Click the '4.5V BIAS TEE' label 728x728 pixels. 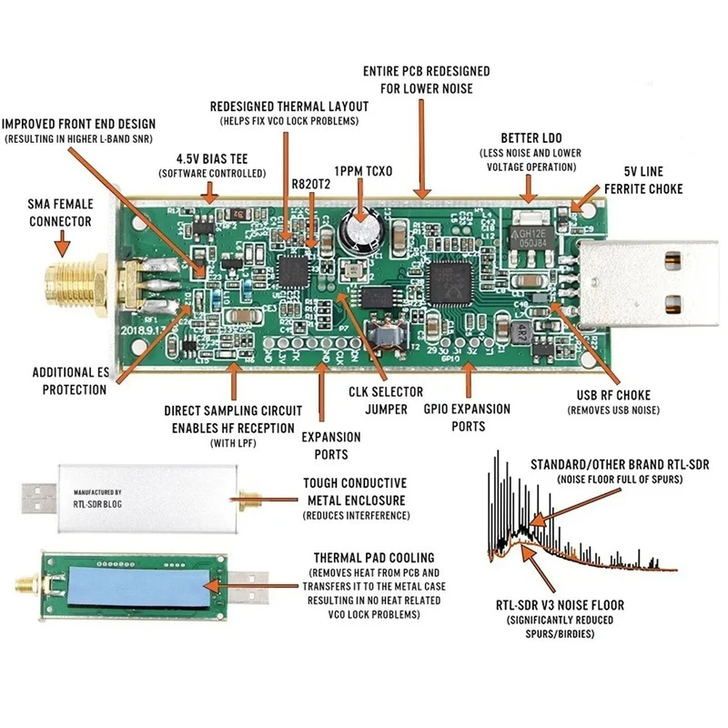point(212,157)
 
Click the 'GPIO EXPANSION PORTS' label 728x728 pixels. point(467,418)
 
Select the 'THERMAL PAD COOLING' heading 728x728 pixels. point(373,557)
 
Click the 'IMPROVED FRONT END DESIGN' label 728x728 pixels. point(78,124)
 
